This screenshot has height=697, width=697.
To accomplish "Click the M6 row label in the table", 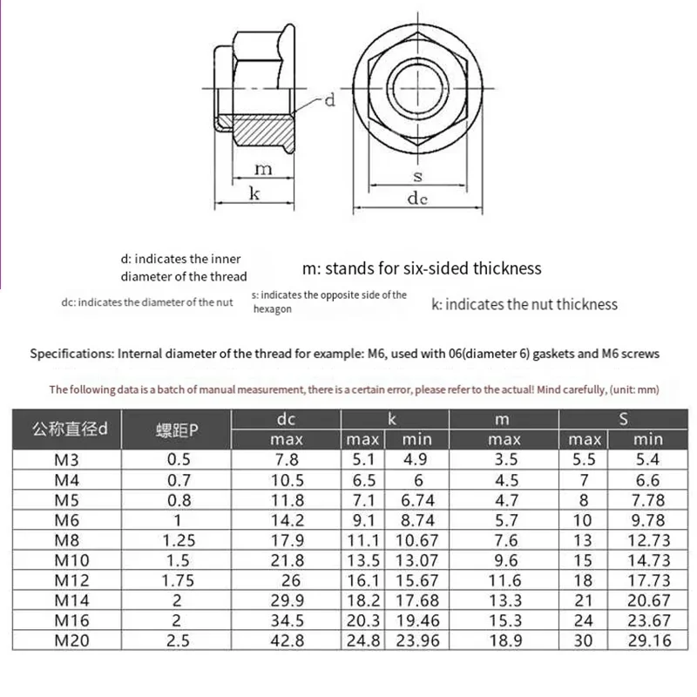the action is coord(67,520).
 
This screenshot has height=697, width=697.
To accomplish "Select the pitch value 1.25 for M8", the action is coord(179,540).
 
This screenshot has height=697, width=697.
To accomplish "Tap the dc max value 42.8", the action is coord(288,640).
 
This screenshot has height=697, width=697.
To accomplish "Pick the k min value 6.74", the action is coord(417,500).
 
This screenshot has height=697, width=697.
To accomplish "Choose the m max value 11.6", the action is coord(506,580).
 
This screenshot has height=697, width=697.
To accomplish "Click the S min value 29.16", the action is coord(649,640).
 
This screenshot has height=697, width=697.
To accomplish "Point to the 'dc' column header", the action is coord(286,419).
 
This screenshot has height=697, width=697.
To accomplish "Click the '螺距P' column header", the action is coord(177,430).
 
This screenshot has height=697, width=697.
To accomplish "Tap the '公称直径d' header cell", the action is coord(70,430).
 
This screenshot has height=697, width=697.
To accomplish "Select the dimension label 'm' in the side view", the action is coord(263,169).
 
